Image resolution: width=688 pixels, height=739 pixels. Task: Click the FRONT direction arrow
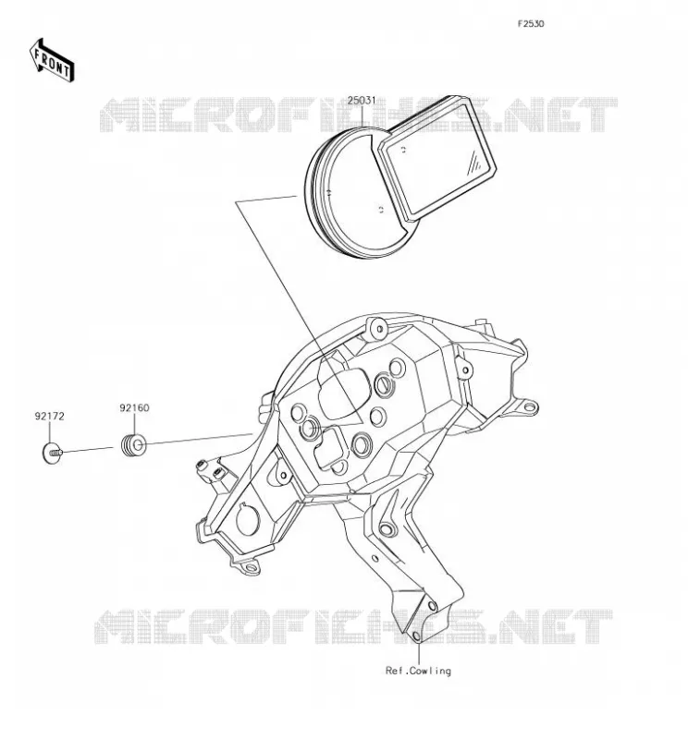pyautogui.click(x=52, y=60)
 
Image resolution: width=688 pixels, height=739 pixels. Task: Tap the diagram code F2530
pyautogui.click(x=531, y=24)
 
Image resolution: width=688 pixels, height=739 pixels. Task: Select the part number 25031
pyautogui.click(x=362, y=101)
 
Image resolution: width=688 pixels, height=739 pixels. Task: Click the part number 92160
pyautogui.click(x=134, y=407)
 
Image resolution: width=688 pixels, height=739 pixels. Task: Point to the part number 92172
pyautogui.click(x=49, y=417)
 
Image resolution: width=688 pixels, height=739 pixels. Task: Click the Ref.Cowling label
pyautogui.click(x=418, y=671)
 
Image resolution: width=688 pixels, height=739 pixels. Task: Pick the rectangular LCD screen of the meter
pyautogui.click(x=437, y=159)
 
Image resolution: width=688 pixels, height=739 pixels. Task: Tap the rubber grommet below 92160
pyautogui.click(x=134, y=445)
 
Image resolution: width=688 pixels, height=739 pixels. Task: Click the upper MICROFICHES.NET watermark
pyautogui.click(x=359, y=115)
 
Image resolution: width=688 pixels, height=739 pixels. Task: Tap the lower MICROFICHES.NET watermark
pyautogui.click(x=354, y=626)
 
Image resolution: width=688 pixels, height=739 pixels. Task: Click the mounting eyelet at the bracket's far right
pyautogui.click(x=531, y=406)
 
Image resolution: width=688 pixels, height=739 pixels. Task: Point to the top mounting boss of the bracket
pyautogui.click(x=377, y=328)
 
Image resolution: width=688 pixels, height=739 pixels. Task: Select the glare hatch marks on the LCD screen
pyautogui.click(x=475, y=164)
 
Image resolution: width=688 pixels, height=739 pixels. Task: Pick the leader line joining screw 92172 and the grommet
pyautogui.click(x=88, y=450)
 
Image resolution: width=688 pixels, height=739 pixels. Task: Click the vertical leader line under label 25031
pyautogui.click(x=362, y=116)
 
